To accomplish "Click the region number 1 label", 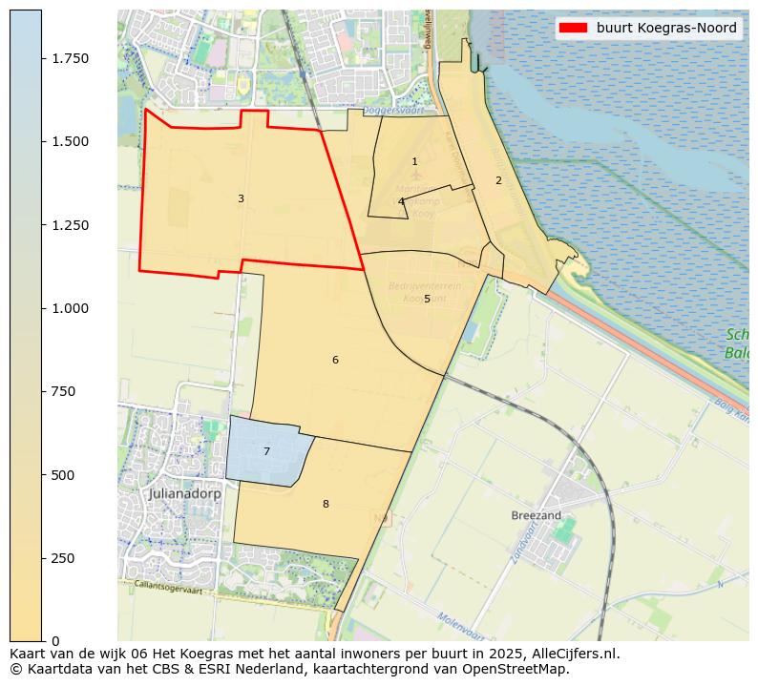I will (414, 162).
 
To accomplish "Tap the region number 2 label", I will (498, 180).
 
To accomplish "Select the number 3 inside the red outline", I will (241, 198).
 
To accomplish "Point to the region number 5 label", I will (427, 300).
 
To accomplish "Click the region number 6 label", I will (335, 360).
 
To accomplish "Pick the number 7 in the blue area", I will (266, 451).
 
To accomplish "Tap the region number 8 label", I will (326, 504).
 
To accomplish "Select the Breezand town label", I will (536, 515).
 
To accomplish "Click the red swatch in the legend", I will (573, 29).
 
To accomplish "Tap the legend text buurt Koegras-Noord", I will (666, 29).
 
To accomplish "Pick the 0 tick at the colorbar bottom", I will (55, 641).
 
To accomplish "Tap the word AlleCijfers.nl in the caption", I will (576, 655).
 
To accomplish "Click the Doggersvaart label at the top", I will (412, 110).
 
